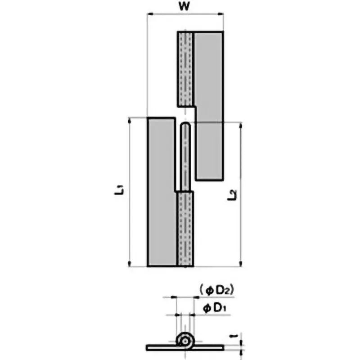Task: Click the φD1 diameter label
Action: (214, 309)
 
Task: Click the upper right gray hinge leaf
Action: (209, 103)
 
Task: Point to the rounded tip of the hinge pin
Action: (184, 126)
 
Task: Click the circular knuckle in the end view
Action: (184, 341)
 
